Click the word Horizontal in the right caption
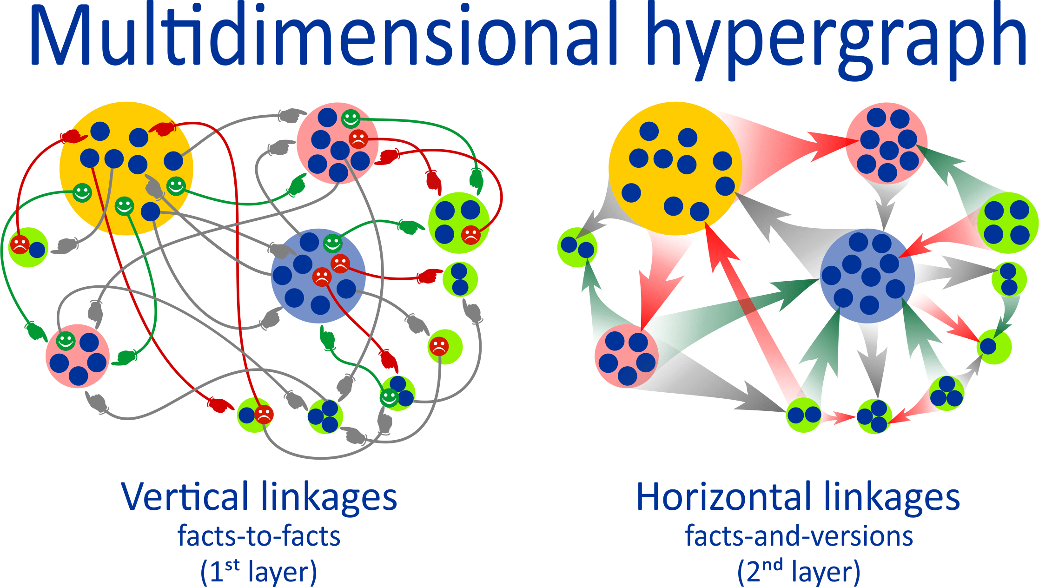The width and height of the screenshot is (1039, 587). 723,496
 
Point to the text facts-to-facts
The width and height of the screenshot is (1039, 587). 259,536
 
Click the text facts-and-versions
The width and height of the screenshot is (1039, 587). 799,536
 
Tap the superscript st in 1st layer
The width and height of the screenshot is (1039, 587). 232,566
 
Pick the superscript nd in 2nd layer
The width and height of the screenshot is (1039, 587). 772,566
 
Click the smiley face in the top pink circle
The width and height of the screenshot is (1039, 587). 351,119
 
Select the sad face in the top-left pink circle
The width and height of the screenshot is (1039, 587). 358,139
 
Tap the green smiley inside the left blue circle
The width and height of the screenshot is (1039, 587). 332,243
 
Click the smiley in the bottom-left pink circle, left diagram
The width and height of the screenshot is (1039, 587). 66,341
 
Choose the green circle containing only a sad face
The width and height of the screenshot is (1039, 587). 445,347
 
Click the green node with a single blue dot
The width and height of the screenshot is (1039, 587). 994,347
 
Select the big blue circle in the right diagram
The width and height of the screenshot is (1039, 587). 867,276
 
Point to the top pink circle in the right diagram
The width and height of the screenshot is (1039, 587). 887,143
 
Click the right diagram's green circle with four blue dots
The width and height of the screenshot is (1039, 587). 1007,223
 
